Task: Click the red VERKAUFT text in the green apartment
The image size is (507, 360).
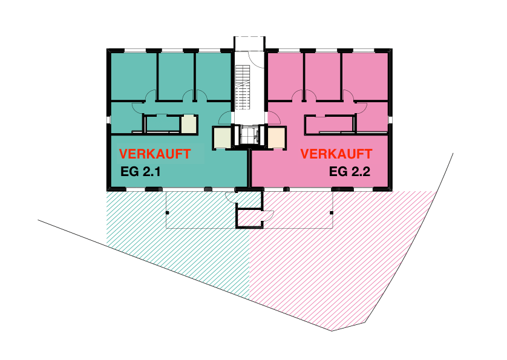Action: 155,154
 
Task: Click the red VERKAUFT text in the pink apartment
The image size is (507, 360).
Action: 336,154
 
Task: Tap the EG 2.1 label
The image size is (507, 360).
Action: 140,171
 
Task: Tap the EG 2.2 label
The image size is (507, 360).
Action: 350,171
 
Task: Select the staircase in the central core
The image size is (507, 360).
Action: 243,87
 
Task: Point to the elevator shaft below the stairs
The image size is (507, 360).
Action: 249,136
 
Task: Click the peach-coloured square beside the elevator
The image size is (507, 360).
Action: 276,137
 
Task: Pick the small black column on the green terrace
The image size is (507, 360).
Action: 167,212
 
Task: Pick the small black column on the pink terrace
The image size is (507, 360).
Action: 332,212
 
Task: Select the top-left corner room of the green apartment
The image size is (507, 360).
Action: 134,76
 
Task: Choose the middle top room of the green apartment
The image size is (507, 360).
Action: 176,76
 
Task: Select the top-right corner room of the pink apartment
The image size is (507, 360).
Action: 365,76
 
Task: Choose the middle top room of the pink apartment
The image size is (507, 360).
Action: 322,76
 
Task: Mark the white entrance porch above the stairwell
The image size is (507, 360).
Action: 249,44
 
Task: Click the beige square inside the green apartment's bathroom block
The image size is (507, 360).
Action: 189,124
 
